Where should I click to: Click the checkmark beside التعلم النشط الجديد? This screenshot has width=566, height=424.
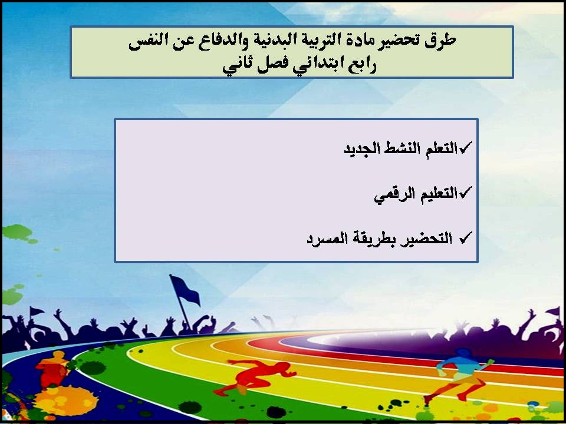(465, 147)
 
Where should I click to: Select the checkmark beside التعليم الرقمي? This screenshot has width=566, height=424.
(465, 192)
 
